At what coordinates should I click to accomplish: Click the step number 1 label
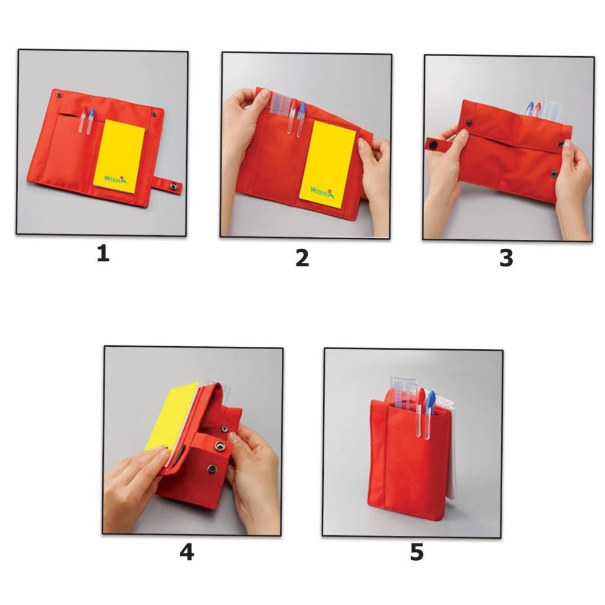[x=103, y=254]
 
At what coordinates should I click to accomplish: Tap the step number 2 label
[x=302, y=258]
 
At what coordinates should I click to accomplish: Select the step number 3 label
[x=506, y=258]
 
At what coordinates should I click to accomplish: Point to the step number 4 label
[x=187, y=552]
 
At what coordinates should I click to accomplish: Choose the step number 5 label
[x=417, y=552]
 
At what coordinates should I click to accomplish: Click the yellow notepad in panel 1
[x=119, y=156]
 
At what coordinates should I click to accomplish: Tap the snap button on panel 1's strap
[x=174, y=186]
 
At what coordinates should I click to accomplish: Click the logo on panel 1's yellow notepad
[x=115, y=180]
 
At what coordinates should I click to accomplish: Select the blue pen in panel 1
[x=90, y=121]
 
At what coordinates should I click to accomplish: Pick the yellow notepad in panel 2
[x=327, y=164]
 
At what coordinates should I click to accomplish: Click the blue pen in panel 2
[x=301, y=119]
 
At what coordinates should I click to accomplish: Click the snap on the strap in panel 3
[x=434, y=145]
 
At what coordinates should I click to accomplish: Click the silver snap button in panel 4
[x=220, y=446]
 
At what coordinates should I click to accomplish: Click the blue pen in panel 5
[x=429, y=415]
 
